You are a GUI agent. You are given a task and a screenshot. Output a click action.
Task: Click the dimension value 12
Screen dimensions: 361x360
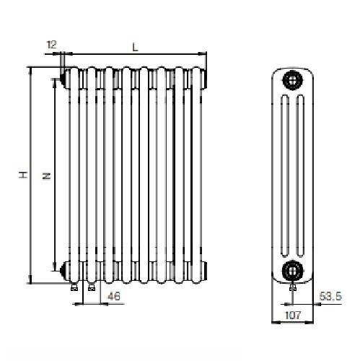tap(51, 45)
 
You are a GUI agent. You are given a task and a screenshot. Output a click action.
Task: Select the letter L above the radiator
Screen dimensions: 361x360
tap(135, 46)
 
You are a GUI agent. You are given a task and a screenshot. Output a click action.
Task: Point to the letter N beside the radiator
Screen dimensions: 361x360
tap(45, 175)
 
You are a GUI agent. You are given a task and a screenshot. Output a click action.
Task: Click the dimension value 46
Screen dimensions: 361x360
tap(113, 296)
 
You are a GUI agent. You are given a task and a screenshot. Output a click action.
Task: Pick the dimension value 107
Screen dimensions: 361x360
tap(291, 315)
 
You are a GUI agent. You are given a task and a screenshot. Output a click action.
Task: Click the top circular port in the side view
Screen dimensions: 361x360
tap(291, 78)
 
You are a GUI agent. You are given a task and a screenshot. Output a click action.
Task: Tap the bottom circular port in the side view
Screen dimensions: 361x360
tap(291, 271)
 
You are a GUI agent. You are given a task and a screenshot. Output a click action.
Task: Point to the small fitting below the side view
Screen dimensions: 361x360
tap(291, 287)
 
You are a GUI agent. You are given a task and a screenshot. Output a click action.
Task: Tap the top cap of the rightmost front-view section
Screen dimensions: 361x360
tap(200, 75)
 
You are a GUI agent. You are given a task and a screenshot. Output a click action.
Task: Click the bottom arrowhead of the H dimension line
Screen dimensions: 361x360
tap(30, 279)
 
